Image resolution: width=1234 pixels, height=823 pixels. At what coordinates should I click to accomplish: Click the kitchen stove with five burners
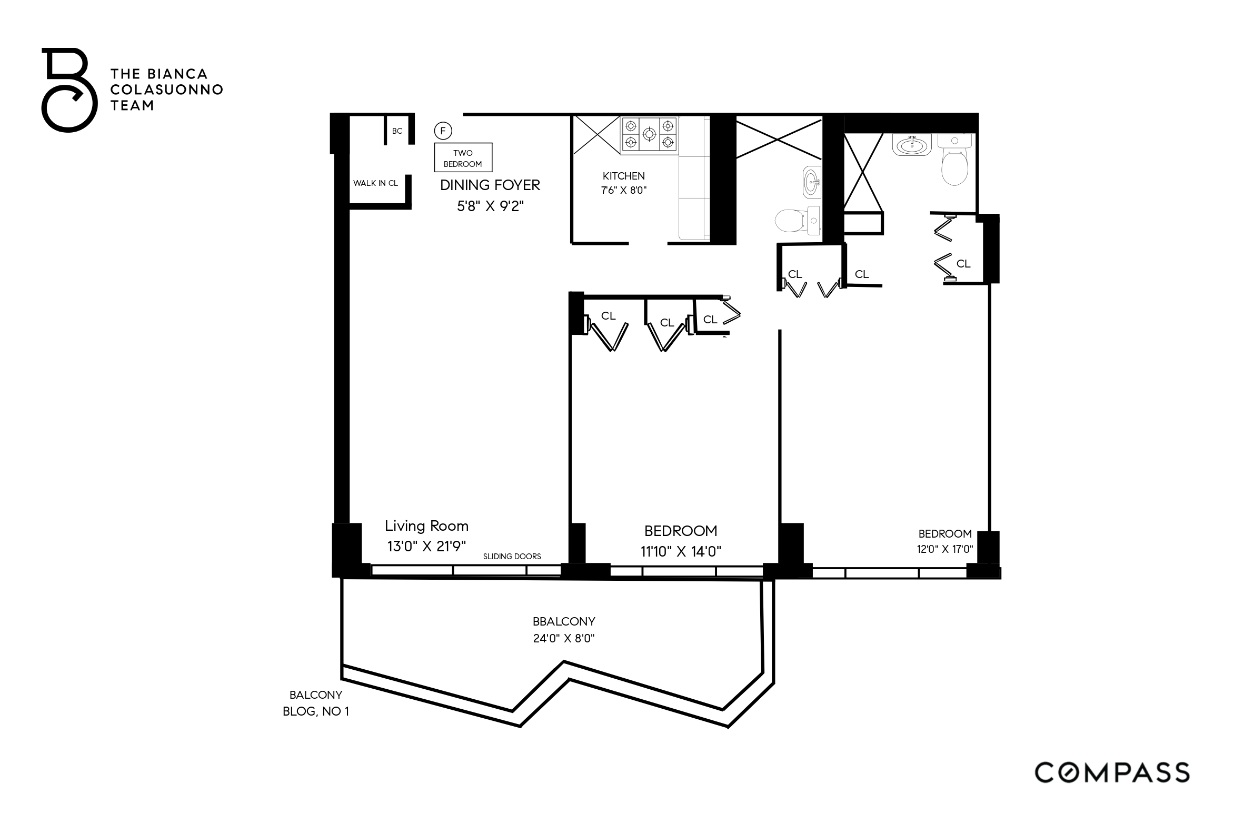649,135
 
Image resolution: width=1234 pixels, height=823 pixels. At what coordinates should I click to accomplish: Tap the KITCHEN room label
623,176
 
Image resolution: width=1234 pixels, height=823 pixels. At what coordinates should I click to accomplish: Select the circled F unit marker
443,130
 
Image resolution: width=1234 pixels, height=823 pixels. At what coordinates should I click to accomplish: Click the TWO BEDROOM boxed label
463,158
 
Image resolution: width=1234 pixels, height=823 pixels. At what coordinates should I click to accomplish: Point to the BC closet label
397,131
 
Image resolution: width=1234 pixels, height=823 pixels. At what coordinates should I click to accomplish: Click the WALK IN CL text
375,183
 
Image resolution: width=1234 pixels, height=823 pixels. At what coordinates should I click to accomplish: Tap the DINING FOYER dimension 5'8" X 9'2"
490,206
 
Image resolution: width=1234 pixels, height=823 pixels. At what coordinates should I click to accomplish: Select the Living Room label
426,525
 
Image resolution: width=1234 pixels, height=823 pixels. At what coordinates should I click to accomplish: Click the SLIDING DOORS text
512,556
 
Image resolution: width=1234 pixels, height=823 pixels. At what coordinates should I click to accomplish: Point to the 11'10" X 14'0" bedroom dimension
680,551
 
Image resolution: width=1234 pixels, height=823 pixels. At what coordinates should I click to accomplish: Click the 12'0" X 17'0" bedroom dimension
944,549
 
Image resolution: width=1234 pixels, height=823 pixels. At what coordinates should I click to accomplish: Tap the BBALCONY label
563,621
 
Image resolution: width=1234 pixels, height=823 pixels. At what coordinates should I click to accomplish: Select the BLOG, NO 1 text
315,711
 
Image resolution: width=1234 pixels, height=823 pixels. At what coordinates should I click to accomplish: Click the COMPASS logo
1112,773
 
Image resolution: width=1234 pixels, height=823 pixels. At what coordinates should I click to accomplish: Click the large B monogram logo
69,90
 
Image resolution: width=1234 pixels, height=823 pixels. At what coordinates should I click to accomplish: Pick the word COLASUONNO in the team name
166,90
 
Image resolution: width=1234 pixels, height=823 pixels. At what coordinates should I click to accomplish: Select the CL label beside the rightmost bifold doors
963,264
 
